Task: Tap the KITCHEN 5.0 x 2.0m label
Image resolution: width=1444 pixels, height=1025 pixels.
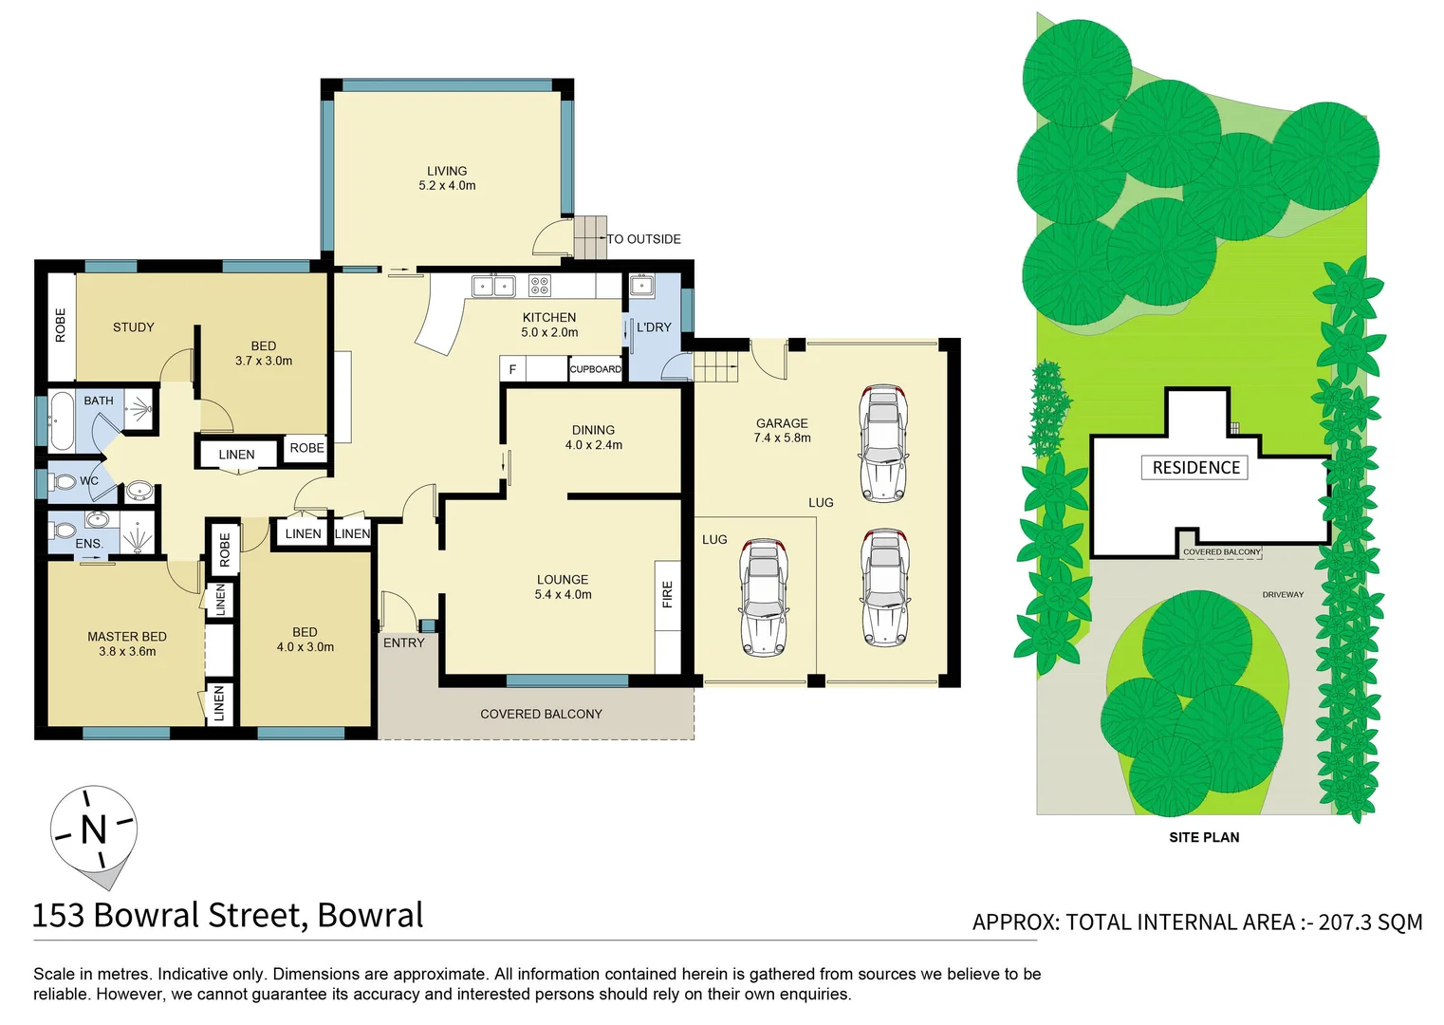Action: click(549, 325)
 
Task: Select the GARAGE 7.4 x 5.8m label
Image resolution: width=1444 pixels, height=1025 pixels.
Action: click(782, 430)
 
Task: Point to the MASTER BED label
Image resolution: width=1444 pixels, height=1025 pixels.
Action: click(127, 643)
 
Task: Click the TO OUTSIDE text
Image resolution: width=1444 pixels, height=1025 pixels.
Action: click(644, 239)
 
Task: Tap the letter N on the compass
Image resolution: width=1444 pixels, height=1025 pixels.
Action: click(94, 829)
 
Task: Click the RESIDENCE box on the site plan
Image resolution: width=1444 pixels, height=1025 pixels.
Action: click(1195, 468)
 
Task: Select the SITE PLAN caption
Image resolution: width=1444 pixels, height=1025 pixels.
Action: click(1204, 837)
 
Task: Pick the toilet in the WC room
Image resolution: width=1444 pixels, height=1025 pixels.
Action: click(64, 482)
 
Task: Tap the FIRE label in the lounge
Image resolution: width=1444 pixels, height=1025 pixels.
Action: click(667, 594)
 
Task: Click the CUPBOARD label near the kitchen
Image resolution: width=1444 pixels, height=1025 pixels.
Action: click(595, 369)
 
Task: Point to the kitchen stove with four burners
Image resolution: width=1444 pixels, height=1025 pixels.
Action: click(539, 286)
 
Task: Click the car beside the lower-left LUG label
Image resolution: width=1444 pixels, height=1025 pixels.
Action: click(764, 597)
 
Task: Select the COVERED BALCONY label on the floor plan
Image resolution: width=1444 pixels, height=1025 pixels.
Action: click(541, 714)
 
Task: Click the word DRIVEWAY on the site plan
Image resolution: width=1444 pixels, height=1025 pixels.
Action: click(1283, 595)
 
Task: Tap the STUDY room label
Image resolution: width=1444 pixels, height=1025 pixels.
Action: click(134, 327)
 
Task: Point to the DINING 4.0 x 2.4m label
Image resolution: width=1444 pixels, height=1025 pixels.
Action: click(594, 438)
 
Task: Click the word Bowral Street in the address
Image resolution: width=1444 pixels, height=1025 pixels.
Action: click(199, 915)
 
